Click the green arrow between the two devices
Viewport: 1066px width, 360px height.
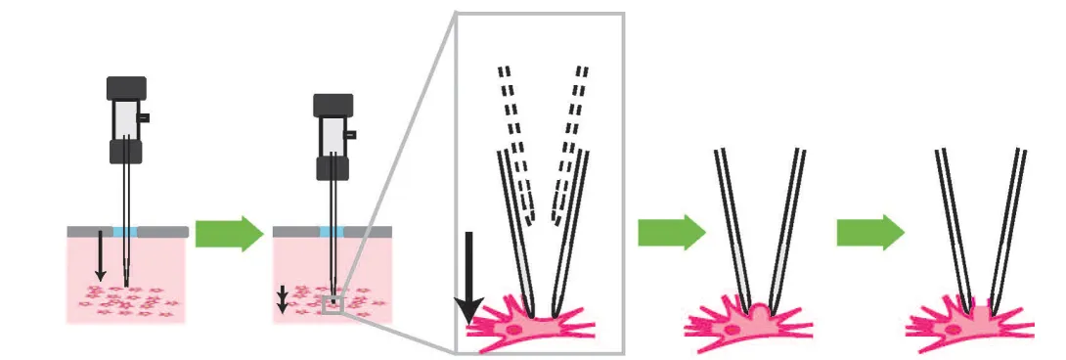(229, 234)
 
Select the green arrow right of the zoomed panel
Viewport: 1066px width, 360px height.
(671, 233)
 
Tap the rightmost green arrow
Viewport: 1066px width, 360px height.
(869, 233)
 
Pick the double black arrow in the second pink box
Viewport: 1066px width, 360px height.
(283, 298)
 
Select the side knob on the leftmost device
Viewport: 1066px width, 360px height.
(144, 117)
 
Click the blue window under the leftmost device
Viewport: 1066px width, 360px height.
(125, 232)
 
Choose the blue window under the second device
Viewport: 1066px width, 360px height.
(332, 232)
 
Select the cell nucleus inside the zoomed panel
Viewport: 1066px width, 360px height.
(513, 331)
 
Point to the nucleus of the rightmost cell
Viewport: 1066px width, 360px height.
(953, 330)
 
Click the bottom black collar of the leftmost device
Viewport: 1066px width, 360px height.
(126, 151)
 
